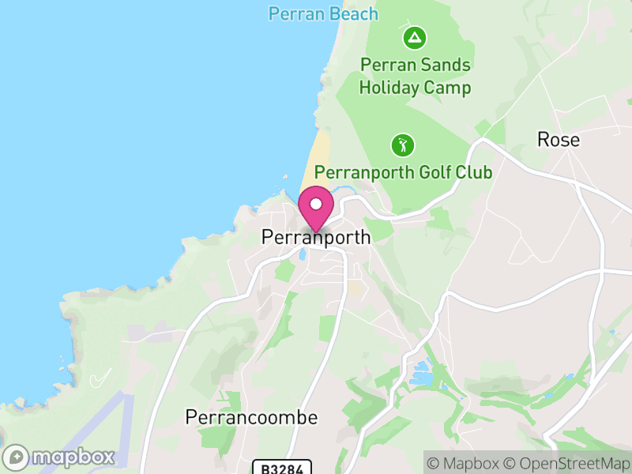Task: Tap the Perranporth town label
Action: pos(315,237)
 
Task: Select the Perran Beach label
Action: pos(322,13)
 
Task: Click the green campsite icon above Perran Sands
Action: pos(414,37)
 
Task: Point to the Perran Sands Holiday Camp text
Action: pos(415,76)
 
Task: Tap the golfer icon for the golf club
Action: pos(403,145)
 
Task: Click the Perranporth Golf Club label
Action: pos(403,172)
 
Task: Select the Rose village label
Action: pos(558,140)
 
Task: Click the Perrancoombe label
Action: pos(251,417)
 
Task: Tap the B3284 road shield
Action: pos(282,468)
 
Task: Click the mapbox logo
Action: pos(60,457)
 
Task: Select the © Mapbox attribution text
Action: pos(462,463)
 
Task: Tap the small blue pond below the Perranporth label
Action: pos(302,254)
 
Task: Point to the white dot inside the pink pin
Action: pos(316,204)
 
